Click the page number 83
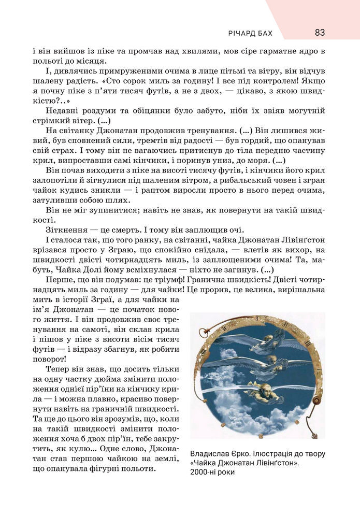pyautogui.click(x=319, y=33)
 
